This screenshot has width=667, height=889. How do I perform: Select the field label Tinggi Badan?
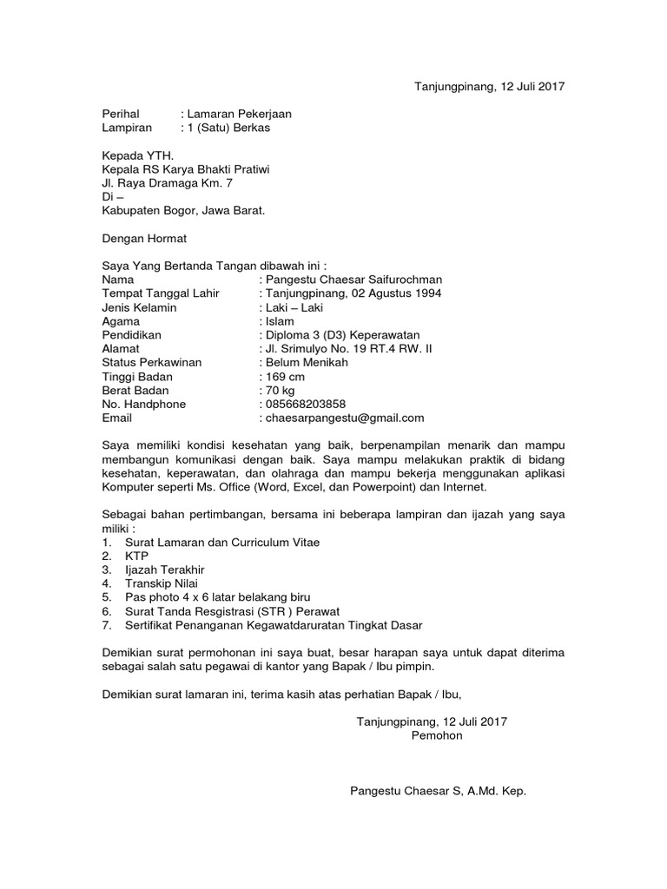point(137,377)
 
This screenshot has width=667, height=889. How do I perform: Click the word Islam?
point(281,321)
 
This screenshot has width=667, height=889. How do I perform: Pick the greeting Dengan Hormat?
point(144,238)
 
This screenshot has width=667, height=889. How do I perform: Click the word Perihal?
point(121,114)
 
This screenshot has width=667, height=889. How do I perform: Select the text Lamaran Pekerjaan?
point(240,114)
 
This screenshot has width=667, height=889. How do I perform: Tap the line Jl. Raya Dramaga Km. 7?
point(168,183)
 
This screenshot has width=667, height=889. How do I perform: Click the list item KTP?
point(137,556)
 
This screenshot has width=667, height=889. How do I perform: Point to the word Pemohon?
point(437,736)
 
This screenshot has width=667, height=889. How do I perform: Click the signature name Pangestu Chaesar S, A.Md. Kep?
point(438,792)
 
